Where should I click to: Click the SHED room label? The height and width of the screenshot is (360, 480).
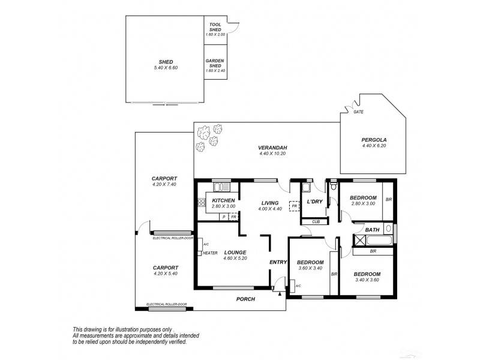pyautogui.click(x=165, y=61)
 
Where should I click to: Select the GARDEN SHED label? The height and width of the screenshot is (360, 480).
pyautogui.click(x=214, y=62)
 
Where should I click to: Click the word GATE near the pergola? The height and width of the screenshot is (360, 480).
pyautogui.click(x=358, y=112)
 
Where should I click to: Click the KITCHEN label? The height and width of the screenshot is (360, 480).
pyautogui.click(x=223, y=200)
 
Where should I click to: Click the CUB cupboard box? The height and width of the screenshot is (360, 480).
pyautogui.click(x=316, y=221)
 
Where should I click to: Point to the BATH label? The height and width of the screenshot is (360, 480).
pyautogui.click(x=372, y=230)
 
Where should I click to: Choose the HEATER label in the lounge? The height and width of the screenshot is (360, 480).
pyautogui.click(x=209, y=253)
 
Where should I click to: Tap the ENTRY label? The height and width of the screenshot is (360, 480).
pyautogui.click(x=278, y=262)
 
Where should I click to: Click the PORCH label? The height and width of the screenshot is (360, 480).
pyautogui.click(x=246, y=299)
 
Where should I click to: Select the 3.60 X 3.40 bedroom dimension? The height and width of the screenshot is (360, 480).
pyautogui.click(x=309, y=269)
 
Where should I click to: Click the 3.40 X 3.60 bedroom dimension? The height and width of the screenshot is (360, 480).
pyautogui.click(x=367, y=280)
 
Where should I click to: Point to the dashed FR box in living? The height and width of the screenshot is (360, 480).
pyautogui.click(x=294, y=206)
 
